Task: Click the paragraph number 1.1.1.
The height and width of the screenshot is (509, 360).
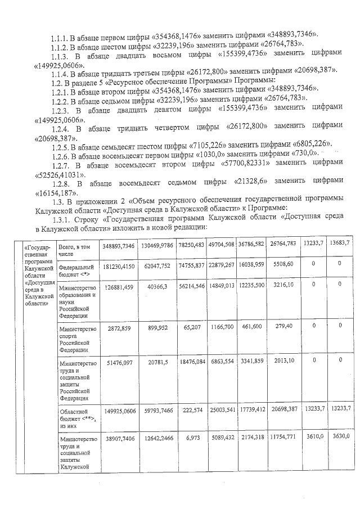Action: coord(59,34)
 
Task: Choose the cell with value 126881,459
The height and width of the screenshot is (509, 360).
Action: coord(118,287)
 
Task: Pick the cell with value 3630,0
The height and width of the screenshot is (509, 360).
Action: coord(340,436)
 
